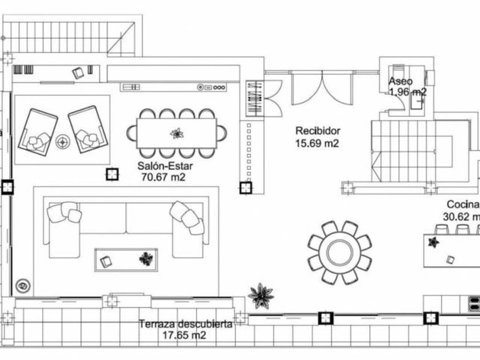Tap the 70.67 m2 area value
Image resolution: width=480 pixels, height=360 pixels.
(163, 177)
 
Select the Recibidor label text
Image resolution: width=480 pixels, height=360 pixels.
(318, 130)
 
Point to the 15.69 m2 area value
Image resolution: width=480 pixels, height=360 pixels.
(317, 143)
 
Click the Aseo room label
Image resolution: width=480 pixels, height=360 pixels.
(401, 81)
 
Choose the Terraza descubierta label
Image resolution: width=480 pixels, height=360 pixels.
(186, 324)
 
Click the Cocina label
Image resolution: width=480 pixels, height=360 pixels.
(462, 205)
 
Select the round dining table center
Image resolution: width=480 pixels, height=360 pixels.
(339, 252)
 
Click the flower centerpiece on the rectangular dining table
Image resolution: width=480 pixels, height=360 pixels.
(177, 134)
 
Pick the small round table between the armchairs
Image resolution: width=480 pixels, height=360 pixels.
(63, 140)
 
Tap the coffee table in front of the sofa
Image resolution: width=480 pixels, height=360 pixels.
(126, 260)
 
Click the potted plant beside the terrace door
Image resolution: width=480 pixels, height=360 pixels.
(261, 295)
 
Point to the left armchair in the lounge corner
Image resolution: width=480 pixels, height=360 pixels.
(38, 130)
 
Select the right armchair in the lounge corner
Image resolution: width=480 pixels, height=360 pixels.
(87, 129)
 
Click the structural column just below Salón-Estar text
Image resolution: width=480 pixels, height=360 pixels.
(112, 174)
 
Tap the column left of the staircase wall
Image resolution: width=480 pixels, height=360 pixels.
(246, 187)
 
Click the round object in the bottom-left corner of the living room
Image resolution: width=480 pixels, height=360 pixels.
(23, 284)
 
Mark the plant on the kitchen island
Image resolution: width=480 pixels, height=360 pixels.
(434, 242)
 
